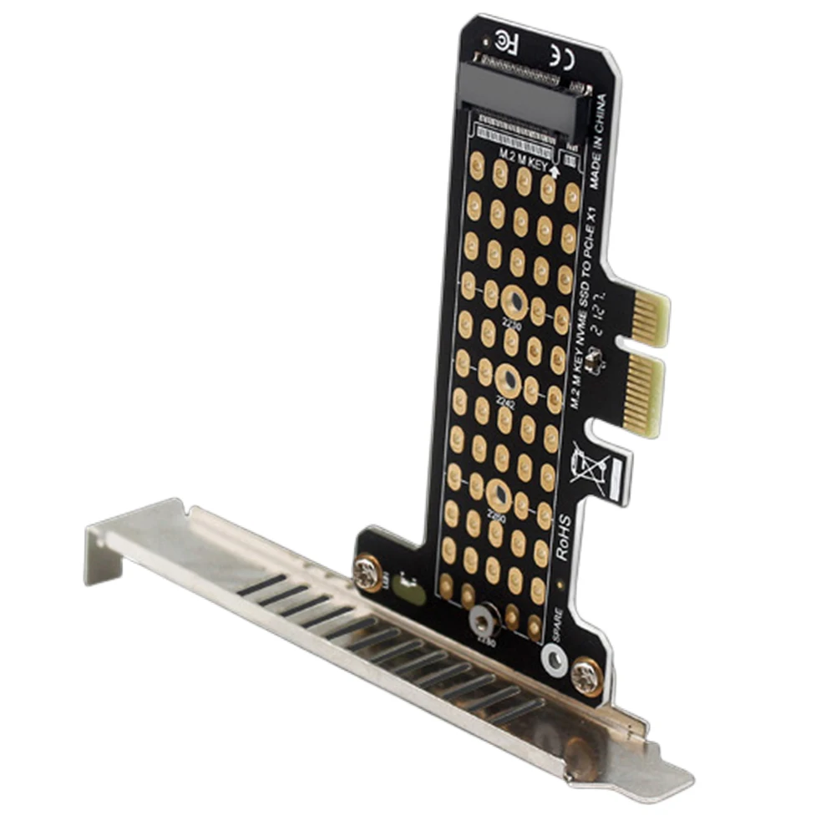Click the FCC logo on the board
click(x=504, y=39)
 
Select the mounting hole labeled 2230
click(x=511, y=301)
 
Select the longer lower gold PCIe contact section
click(x=644, y=393)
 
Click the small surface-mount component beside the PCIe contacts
click(x=595, y=360)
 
